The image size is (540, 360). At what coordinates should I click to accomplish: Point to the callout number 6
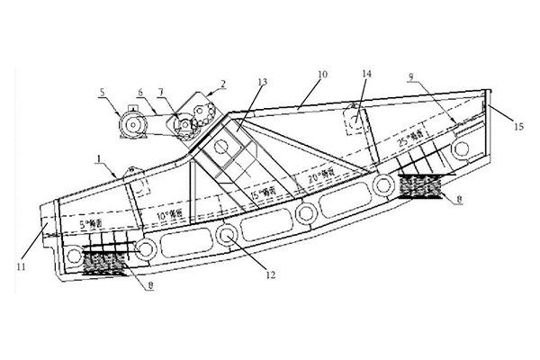(x=140, y=92)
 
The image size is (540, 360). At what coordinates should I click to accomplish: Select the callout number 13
(x=261, y=82)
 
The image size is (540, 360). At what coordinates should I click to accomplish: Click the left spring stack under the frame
(x=103, y=263)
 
